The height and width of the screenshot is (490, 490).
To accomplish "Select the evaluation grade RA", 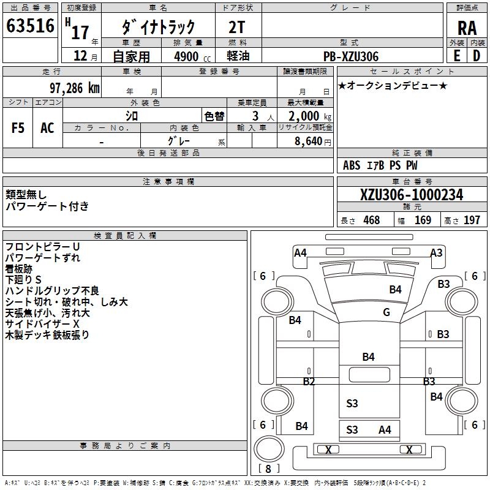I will (467, 27).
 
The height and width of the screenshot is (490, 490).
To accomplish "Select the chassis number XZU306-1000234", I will (412, 195).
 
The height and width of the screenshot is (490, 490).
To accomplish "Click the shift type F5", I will (18, 128).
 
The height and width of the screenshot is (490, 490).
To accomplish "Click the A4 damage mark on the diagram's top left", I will (300, 252).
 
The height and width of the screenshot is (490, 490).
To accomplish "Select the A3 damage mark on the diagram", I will (436, 252).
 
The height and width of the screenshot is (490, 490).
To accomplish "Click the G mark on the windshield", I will (386, 312).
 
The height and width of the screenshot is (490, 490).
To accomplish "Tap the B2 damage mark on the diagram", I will (309, 382).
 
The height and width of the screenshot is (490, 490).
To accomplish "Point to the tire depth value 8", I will (268, 469).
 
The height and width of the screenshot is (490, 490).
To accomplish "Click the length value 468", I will (371, 220).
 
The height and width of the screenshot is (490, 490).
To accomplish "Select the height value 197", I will (472, 220).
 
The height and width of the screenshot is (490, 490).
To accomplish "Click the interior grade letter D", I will (477, 56).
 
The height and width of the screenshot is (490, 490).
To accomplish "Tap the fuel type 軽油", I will (238, 57).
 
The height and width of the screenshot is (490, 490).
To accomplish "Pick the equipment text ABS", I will (352, 165).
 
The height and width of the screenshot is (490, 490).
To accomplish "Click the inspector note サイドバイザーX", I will (43, 324).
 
